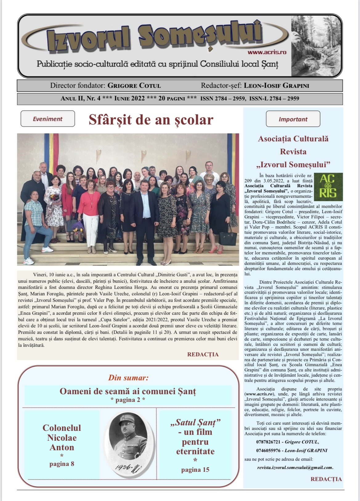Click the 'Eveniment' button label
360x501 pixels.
coord(47,119)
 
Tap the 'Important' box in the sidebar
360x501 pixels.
coord(293,119)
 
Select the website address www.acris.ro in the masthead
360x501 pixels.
coord(267,52)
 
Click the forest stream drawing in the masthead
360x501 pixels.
coord(316,46)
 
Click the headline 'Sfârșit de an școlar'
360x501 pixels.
coord(151,120)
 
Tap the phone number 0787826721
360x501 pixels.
coord(269,442)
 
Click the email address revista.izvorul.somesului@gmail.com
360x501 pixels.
coord(295,467)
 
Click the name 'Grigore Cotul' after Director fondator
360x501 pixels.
coord(134,86)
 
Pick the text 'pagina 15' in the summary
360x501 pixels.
coord(195,470)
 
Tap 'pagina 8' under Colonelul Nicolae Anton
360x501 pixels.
coord(62,464)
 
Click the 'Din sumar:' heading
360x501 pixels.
coord(128,378)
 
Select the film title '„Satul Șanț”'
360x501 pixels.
coord(195,422)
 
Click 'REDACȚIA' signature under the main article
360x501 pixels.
coord(203,354)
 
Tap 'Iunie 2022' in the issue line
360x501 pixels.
coord(129,99)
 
